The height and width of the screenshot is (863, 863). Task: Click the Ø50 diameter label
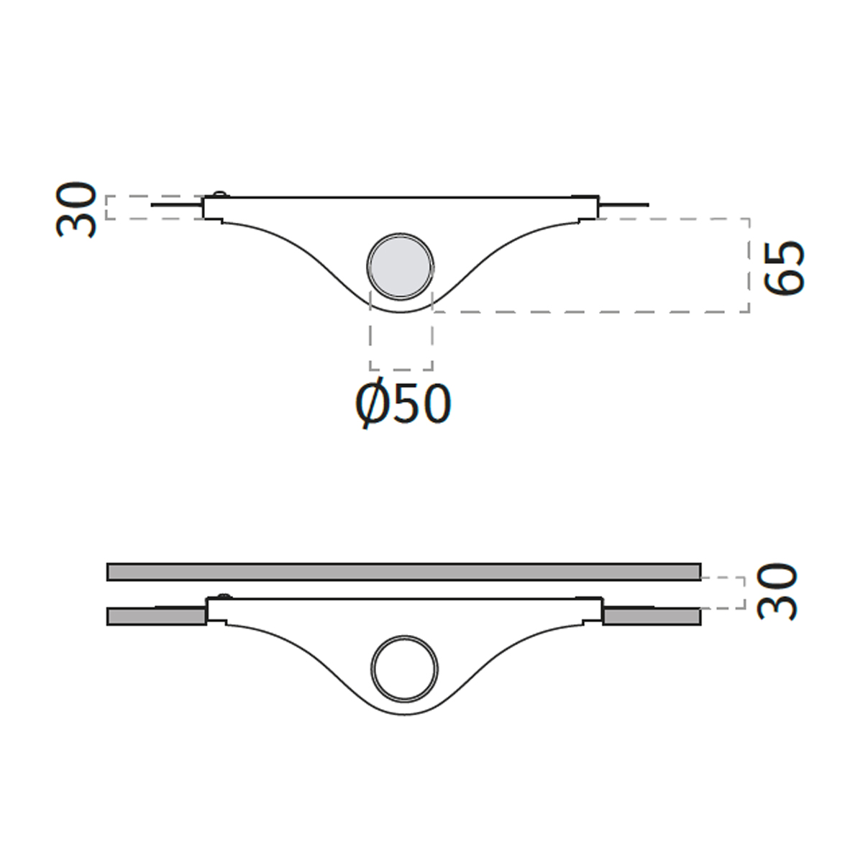point(403,404)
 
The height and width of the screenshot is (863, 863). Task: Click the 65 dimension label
point(783,268)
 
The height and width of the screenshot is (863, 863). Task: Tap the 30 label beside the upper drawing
point(76,209)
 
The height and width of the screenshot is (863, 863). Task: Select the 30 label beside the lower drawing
point(777,591)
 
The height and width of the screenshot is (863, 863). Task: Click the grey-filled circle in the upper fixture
point(401,267)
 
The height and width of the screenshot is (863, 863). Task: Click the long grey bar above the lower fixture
point(404,572)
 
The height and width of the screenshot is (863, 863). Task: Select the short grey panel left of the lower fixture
point(157,616)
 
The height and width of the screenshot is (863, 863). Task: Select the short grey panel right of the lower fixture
point(652,616)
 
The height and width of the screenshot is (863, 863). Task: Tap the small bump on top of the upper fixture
point(220,194)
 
